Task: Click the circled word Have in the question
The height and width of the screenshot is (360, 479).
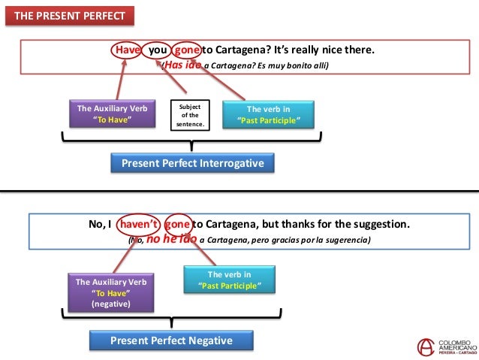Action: click(128, 50)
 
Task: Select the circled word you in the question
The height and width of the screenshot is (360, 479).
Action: click(157, 50)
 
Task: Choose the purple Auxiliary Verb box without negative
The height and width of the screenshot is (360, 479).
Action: click(113, 113)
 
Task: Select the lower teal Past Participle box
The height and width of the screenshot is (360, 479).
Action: click(229, 280)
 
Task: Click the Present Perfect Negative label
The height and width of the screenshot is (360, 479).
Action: click(171, 340)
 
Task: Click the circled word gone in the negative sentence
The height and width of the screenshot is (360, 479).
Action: click(178, 224)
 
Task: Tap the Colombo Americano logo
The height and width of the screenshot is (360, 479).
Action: click(446, 346)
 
